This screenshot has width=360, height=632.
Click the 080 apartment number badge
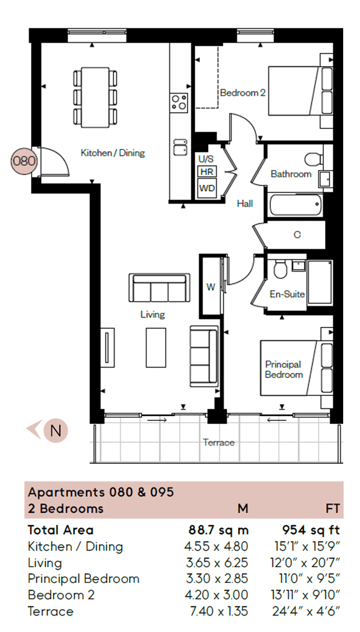tap(24, 160)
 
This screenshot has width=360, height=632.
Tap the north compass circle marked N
tap(55, 430)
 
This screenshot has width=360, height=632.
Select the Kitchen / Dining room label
tap(113, 153)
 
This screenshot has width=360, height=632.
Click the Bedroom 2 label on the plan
tap(243, 93)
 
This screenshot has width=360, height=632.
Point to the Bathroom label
tap(291, 174)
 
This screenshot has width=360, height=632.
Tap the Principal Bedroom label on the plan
tap(283, 369)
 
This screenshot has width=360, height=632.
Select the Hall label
tap(245, 203)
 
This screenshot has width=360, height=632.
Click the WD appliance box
tap(206, 187)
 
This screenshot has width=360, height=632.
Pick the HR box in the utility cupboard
tap(206, 171)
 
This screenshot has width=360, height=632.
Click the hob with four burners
tap(179, 101)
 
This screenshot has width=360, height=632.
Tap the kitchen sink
tap(181, 147)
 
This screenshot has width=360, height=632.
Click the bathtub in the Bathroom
tap(295, 204)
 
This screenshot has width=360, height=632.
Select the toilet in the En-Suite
tap(281, 270)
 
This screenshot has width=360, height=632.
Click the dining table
tap(95, 97)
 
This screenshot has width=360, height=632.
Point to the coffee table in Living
tap(156, 347)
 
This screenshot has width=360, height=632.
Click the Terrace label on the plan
tap(219, 443)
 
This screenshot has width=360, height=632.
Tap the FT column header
tap(333, 509)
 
